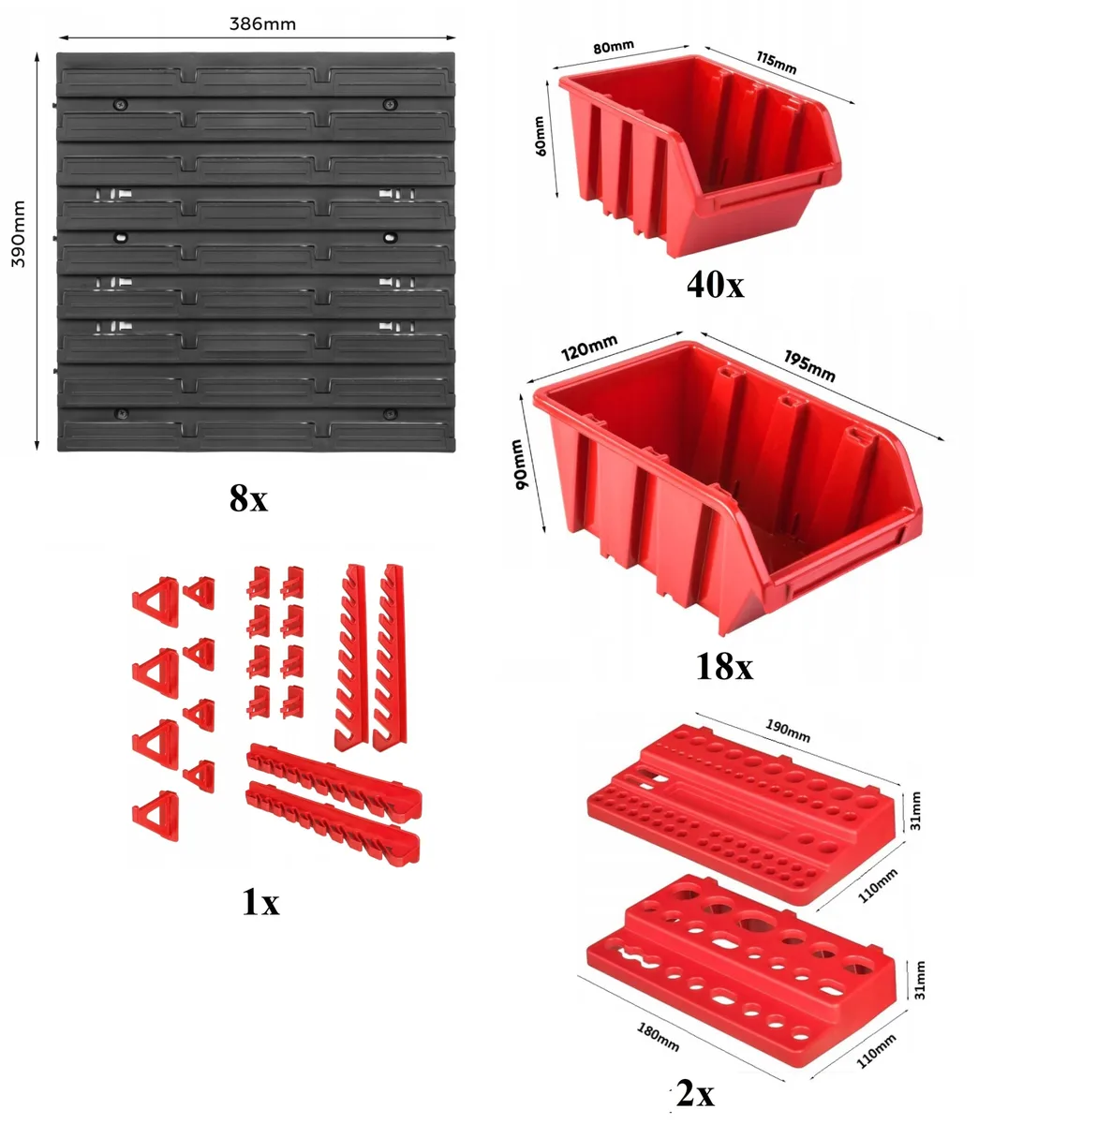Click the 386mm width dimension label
[x=262, y=24]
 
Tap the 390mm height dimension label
[x=20, y=233]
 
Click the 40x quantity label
[x=716, y=285]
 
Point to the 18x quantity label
[x=724, y=666]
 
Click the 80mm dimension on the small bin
[x=614, y=47]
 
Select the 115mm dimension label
[x=776, y=63]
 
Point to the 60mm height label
[x=540, y=136]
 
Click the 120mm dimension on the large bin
[x=588, y=348]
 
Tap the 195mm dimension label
[x=809, y=365]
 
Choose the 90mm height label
[x=519, y=464]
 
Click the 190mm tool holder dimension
[x=788, y=731]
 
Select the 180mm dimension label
[x=658, y=1037]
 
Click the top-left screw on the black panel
[x=121, y=105]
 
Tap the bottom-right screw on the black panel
[x=389, y=414]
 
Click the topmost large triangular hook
[x=156, y=601]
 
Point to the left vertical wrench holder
[x=350, y=657]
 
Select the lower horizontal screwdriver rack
[x=333, y=821]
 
